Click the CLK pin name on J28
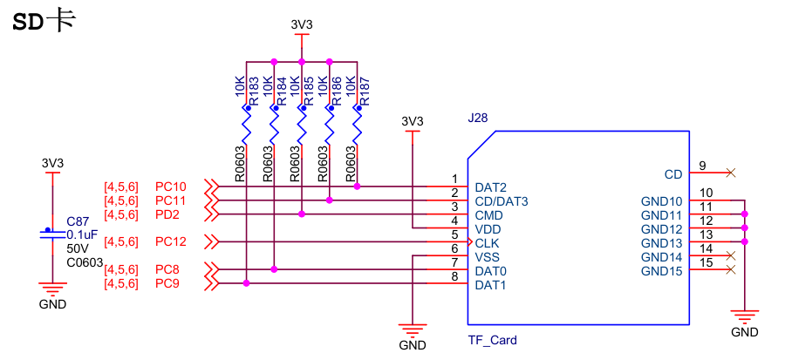click(x=487, y=243)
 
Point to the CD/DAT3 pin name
click(x=502, y=201)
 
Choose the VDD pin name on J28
click(x=488, y=229)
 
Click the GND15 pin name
click(x=660, y=271)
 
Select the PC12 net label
click(x=171, y=241)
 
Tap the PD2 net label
click(x=167, y=214)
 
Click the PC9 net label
click(x=168, y=283)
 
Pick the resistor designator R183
click(x=253, y=91)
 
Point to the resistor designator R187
click(x=365, y=91)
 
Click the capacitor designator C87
click(x=78, y=221)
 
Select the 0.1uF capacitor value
click(x=82, y=234)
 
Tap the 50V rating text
click(x=78, y=248)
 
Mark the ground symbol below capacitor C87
click(x=52, y=289)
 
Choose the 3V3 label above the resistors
click(x=301, y=25)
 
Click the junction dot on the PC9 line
click(x=247, y=283)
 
